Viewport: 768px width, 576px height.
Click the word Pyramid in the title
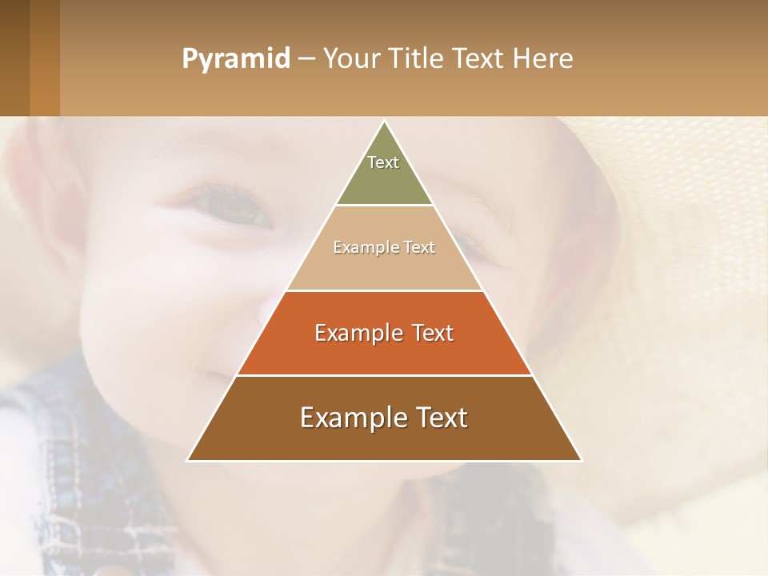pyautogui.click(x=235, y=59)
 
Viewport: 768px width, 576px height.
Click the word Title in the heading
pyautogui.click(x=415, y=59)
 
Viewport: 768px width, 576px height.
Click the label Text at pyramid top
pyautogui.click(x=383, y=162)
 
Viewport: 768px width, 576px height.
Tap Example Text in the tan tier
pyautogui.click(x=384, y=247)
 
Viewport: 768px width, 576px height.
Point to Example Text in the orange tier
pyautogui.click(x=384, y=333)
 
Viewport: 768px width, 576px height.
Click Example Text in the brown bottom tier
pyautogui.click(x=384, y=418)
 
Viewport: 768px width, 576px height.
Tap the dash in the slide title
pyautogui.click(x=306, y=59)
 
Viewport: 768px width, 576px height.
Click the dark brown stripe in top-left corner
pyautogui.click(x=14, y=58)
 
